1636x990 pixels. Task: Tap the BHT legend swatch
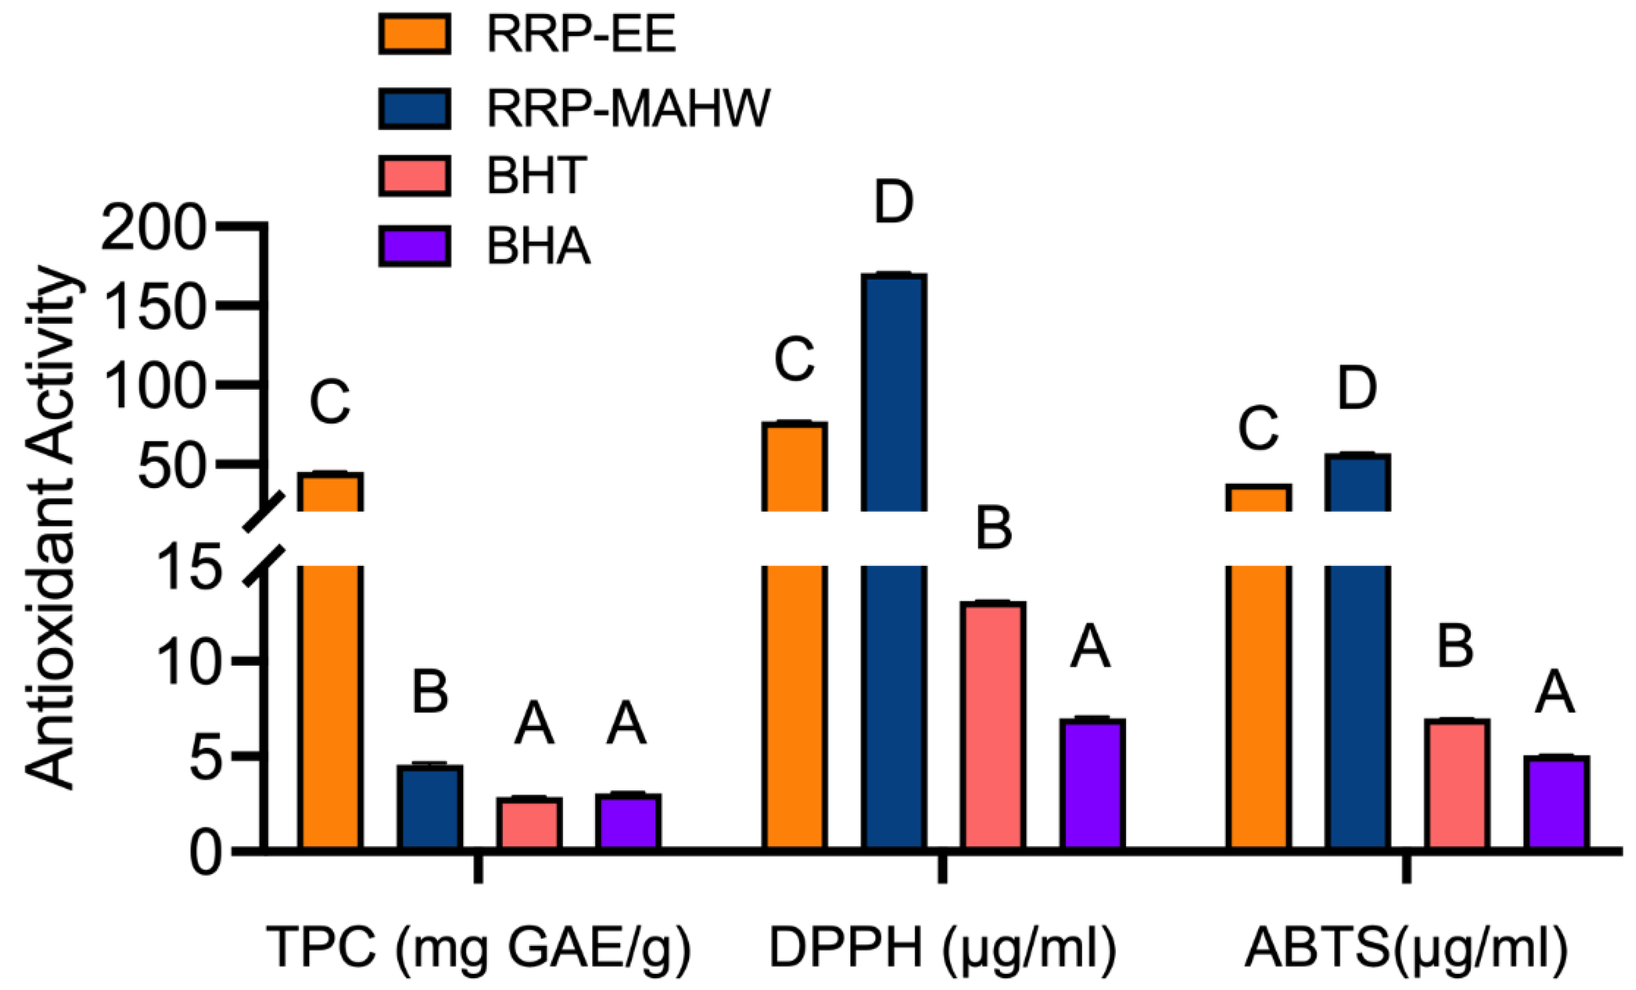click(415, 176)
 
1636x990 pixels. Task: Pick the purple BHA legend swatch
click(415, 246)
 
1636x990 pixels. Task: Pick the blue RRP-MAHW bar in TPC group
click(430, 807)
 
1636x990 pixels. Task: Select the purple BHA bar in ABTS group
click(1555, 802)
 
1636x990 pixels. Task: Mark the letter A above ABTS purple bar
click(1555, 694)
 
